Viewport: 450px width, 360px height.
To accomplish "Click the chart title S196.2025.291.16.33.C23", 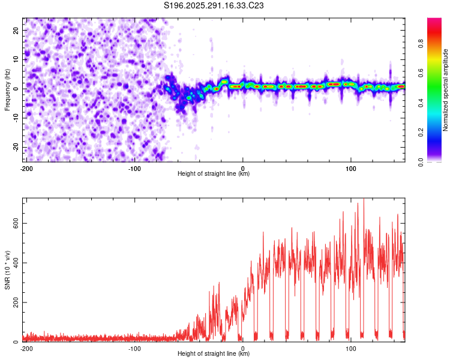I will coord(214,5).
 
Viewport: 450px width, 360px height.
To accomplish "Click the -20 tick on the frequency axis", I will coord(15,147).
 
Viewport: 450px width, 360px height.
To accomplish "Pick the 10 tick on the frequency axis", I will coord(16,59).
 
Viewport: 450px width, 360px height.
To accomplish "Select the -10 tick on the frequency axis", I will coord(15,118).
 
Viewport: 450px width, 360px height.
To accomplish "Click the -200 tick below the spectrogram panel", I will coord(26,168).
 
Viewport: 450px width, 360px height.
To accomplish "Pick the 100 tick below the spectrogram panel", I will coord(350,168).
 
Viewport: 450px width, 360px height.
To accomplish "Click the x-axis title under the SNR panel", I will coord(214,354).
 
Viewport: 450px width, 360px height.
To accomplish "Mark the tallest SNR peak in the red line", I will coord(363,200).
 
